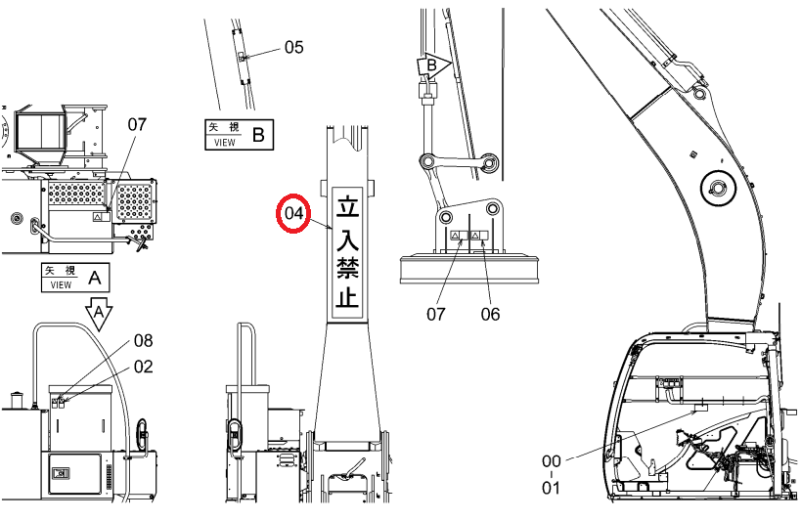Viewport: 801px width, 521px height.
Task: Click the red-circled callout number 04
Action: (293, 213)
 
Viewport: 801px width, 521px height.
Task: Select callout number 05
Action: (293, 47)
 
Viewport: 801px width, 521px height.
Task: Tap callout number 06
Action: (490, 314)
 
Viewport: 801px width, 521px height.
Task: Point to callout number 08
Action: (144, 341)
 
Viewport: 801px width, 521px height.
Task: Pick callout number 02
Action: (144, 367)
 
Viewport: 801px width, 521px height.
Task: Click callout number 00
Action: (552, 461)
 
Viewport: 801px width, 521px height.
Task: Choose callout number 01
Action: (552, 488)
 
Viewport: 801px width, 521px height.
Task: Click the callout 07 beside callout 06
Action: (436, 314)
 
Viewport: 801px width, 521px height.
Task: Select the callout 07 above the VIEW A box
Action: (137, 124)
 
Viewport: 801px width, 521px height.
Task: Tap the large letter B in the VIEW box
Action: (259, 135)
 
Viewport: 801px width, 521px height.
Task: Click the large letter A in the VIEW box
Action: (95, 278)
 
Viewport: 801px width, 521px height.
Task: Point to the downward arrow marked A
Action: (99, 313)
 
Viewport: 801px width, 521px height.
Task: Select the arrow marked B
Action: (433, 65)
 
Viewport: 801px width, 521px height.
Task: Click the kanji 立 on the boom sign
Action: (347, 205)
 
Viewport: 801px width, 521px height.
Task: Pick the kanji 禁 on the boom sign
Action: (347, 267)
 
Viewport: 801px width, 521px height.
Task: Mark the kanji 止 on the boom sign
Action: (347, 297)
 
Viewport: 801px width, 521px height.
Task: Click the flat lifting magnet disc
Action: (469, 269)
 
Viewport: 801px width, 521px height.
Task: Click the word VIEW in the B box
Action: (225, 143)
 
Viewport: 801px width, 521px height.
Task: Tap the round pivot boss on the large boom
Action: (718, 189)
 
